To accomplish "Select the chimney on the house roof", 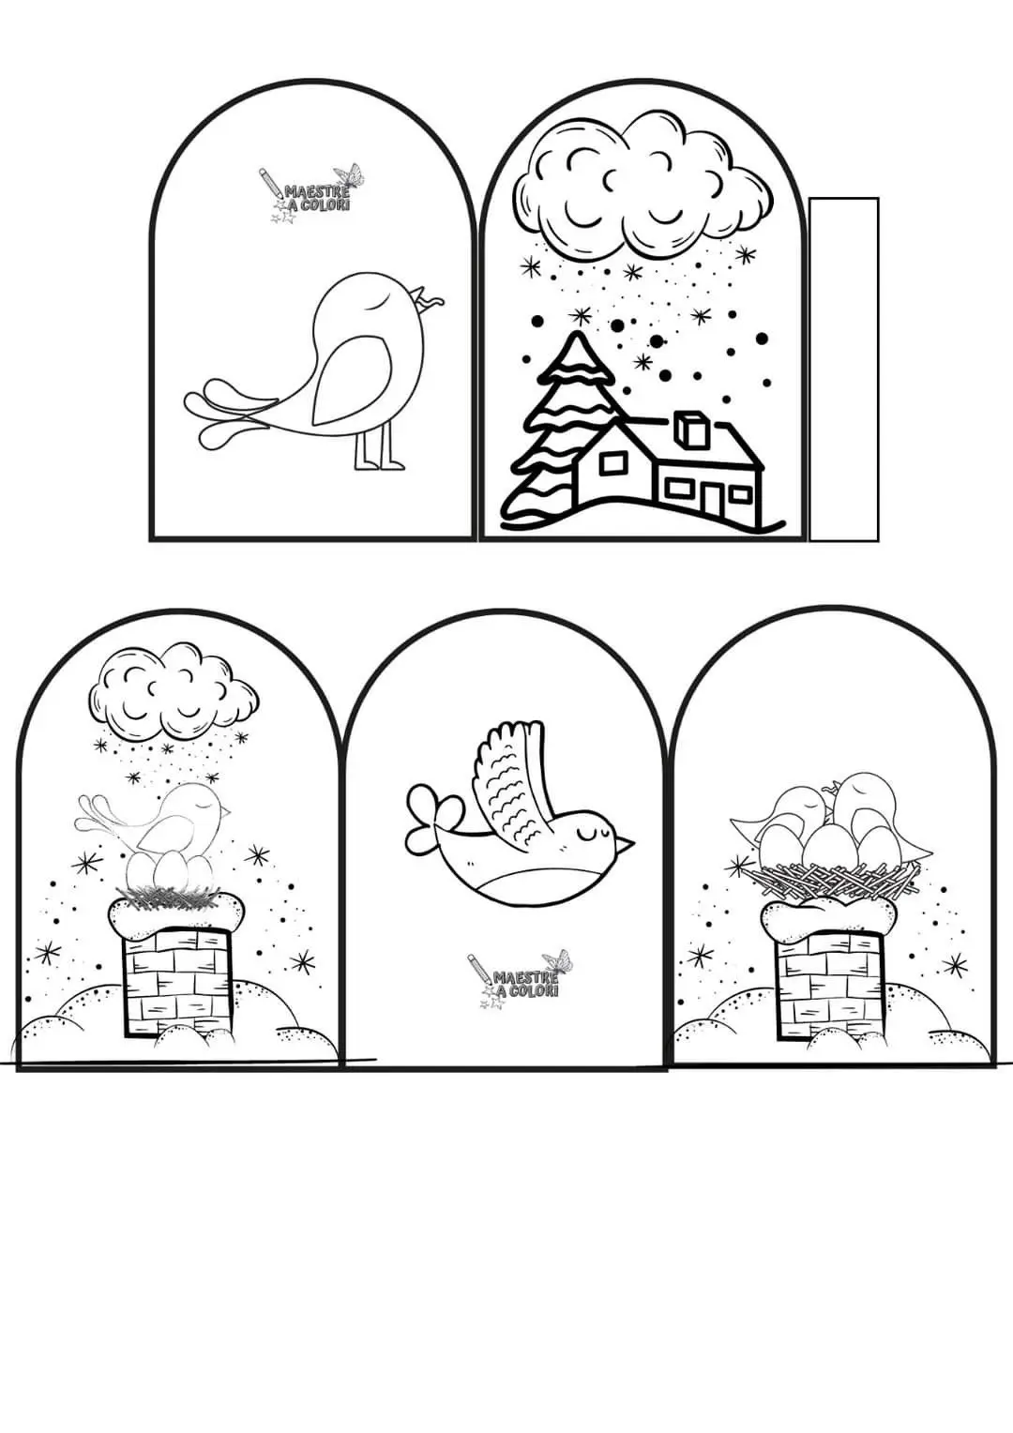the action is [688, 430].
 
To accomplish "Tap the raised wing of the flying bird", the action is [512, 777].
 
